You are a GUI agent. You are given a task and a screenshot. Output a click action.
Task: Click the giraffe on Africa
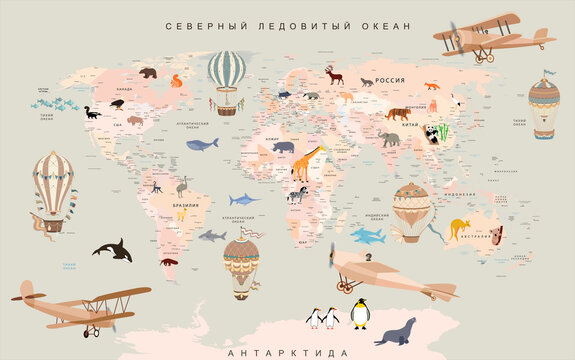click(x=308, y=162)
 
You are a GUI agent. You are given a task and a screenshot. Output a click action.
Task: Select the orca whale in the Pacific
click(x=112, y=249)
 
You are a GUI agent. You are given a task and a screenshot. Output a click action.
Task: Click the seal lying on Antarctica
click(x=396, y=328)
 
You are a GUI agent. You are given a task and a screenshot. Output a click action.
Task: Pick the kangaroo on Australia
click(x=460, y=228)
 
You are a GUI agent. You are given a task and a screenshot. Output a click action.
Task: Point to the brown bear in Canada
click(x=148, y=72)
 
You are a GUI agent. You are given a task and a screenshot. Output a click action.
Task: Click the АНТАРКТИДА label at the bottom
click(x=288, y=352)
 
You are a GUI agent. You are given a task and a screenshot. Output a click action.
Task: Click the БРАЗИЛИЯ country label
click(x=186, y=204)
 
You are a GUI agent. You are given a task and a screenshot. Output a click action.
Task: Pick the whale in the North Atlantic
click(x=203, y=144)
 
